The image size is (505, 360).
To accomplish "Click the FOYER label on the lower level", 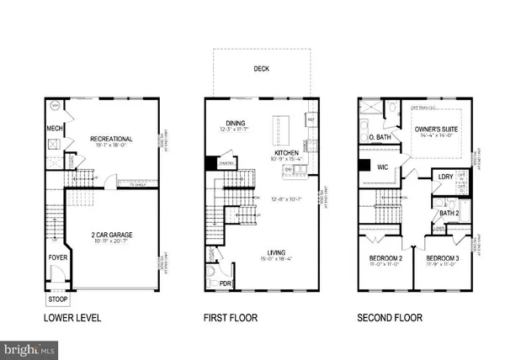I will pyautogui.click(x=56, y=251).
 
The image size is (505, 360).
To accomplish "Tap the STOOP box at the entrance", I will pyautogui.click(x=57, y=299).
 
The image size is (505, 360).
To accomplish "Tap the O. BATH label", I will pyautogui.click(x=379, y=136).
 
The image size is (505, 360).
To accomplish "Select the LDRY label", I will pyautogui.click(x=447, y=177).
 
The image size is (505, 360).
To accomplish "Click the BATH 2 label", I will pyautogui.click(x=447, y=214).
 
